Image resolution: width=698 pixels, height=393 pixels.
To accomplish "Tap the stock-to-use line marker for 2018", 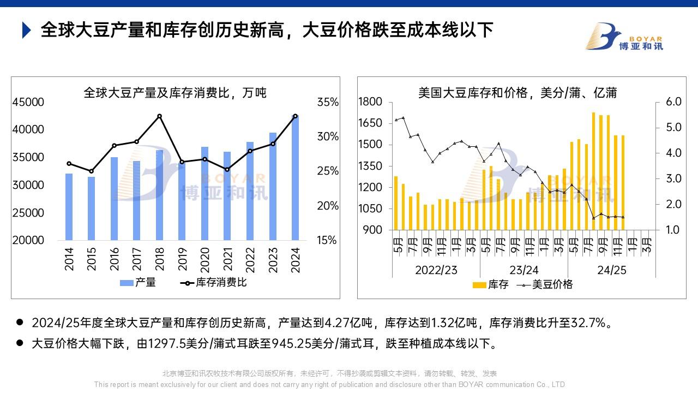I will point(159,116).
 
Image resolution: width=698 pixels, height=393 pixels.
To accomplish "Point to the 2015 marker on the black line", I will point(92,171).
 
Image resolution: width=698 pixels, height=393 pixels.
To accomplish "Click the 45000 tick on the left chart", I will point(28,102).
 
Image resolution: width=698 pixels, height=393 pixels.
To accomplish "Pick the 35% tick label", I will point(328,102).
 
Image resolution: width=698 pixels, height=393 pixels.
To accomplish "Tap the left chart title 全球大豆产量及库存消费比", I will point(175,92).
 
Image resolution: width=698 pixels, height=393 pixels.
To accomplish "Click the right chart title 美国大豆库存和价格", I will point(517,92).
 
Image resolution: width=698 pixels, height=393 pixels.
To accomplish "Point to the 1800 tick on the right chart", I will point(371,102).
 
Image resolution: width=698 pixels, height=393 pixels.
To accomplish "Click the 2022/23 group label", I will point(436,270).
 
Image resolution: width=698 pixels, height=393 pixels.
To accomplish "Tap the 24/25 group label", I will point(611,270).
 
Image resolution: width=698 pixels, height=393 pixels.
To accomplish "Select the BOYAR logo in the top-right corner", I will point(624,37).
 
